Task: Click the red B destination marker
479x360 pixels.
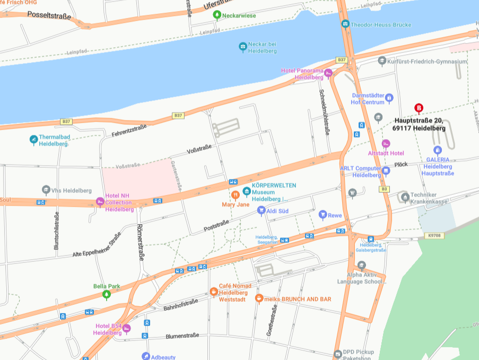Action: tap(419, 108)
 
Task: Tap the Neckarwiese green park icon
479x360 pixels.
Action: tap(216, 14)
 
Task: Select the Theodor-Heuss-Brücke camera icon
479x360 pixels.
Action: tap(345, 24)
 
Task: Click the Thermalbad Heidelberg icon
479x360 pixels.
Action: tap(34, 140)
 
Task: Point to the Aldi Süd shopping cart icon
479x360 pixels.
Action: tap(261, 210)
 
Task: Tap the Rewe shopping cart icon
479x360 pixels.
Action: tap(323, 215)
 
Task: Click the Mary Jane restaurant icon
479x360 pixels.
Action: tap(236, 195)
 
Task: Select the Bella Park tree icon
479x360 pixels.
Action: tap(106, 294)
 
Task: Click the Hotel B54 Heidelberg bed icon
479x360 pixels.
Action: tap(126, 328)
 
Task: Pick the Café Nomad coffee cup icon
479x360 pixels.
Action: tap(213, 291)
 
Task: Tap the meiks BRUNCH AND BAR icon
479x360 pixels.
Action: tap(259, 298)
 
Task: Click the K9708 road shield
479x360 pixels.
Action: tap(434, 235)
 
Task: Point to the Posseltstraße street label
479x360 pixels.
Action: tap(49, 16)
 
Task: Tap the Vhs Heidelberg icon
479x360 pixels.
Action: tap(46, 190)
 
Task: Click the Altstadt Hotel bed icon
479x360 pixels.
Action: tap(386, 143)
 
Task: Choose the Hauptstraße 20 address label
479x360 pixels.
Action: tap(419, 124)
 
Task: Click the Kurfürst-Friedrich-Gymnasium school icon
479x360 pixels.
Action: tap(382, 61)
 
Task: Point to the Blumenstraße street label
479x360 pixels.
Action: tap(182, 336)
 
